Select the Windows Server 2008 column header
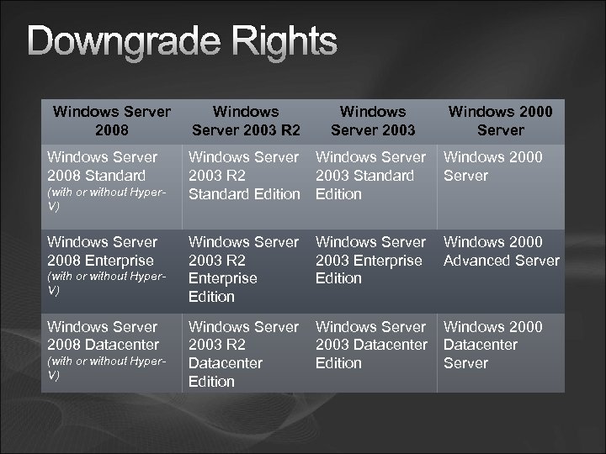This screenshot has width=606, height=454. coord(111,120)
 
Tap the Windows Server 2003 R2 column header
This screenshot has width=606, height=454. coord(246,120)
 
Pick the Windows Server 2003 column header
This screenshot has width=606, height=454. coord(372,120)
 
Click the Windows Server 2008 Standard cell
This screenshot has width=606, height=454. coord(102,166)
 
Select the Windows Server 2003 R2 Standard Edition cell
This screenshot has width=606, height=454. coord(244,175)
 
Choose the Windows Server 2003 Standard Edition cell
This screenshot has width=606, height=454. coord(371,175)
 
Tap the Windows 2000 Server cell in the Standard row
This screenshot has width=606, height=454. coord(492,166)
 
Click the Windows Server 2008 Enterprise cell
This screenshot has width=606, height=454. coord(102,251)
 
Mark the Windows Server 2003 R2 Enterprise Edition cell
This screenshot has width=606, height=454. coord(244,269)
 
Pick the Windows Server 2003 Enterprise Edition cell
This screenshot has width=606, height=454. coord(371,260)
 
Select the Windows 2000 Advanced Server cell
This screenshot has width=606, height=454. coord(501,251)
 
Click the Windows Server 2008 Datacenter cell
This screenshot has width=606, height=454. coord(102,335)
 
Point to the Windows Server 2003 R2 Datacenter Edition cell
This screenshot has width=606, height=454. coord(244,353)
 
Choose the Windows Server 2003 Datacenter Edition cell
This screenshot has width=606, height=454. coord(371,345)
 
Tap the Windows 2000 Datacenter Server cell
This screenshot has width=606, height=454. coord(493,345)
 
